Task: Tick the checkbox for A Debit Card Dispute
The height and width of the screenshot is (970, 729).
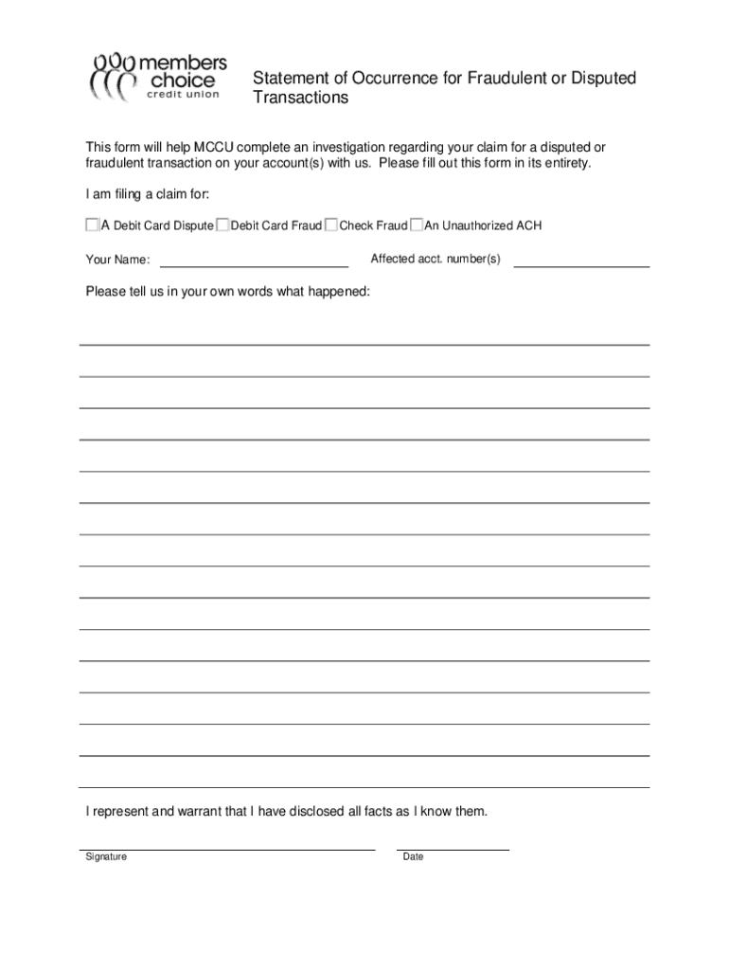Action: [92, 225]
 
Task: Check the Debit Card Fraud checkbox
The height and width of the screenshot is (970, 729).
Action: [222, 225]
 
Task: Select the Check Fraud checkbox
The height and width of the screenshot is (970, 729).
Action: [331, 225]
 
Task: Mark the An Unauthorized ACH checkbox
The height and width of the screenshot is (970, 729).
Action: [417, 225]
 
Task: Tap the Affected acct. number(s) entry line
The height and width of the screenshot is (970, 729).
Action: [580, 261]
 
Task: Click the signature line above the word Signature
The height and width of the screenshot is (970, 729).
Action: [227, 846]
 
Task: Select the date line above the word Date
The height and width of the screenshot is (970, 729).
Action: [453, 846]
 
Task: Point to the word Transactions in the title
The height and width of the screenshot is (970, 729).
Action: [300, 99]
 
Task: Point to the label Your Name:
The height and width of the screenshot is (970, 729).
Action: [117, 260]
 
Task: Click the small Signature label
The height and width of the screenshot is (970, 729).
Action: [106, 857]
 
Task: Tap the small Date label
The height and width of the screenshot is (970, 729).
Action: [413, 857]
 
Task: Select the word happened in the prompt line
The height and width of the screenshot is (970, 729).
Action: [341, 292]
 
